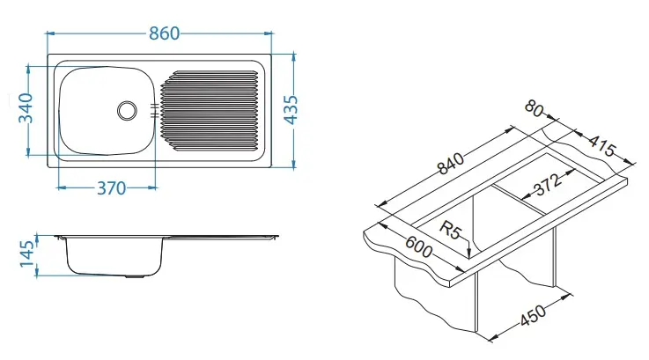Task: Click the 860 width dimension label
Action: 165,33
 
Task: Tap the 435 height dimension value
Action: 291,110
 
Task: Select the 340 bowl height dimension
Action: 26,108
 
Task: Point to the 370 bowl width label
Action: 111,188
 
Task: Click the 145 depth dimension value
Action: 27,253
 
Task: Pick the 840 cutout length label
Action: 451,164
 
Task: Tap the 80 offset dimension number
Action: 534,108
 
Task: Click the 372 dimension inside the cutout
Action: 548,184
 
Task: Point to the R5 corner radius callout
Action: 449,230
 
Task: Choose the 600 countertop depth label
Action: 418,247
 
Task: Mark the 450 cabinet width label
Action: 533,315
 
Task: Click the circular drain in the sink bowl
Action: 127,111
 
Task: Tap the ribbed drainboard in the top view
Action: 210,111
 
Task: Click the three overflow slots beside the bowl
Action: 154,111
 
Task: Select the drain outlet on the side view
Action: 135,276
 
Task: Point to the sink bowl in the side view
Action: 114,256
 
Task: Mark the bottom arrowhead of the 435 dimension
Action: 293,165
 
